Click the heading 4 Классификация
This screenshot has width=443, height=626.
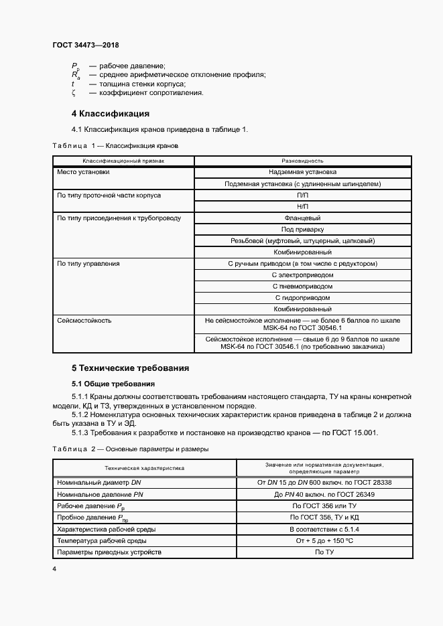point(110,113)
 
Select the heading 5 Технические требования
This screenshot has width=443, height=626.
point(130,368)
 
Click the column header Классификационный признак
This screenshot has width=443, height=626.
point(123,161)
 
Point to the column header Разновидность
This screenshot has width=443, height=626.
point(302,161)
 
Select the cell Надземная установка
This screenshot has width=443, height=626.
point(302,172)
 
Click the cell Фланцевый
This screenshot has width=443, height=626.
point(302,218)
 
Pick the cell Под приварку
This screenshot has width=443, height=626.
point(302,229)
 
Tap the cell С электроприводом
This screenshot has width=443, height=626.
point(302,275)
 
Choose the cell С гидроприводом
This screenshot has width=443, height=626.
point(302,297)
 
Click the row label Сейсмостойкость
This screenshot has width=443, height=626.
point(84,321)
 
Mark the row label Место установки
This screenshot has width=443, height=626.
point(83,172)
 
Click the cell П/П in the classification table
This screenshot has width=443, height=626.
point(302,195)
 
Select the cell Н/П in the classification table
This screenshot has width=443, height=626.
point(302,206)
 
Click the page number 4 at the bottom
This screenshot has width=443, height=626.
point(54,569)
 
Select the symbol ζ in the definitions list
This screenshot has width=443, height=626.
point(74,92)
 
